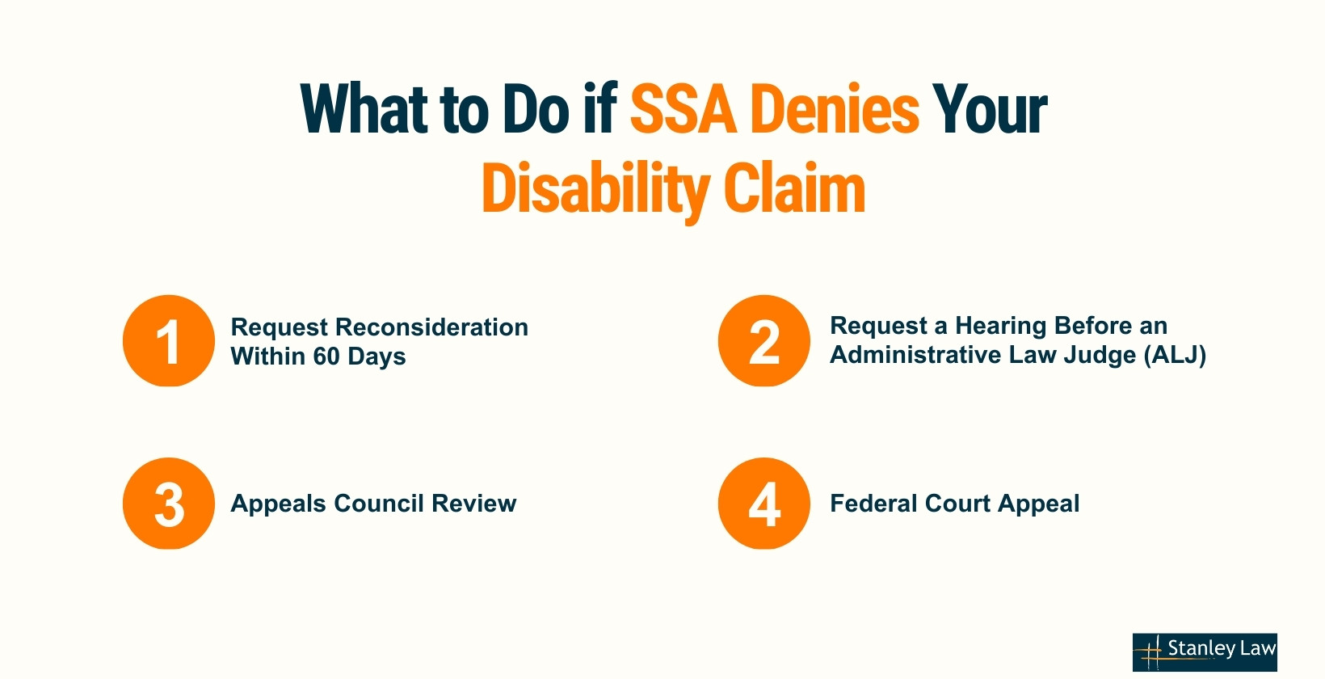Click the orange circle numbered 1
169,341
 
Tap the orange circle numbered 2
763,341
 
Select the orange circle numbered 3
169,504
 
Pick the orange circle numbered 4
763,504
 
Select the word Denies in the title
835,109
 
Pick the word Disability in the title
595,189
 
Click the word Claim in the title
794,189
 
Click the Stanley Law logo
1205,652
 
